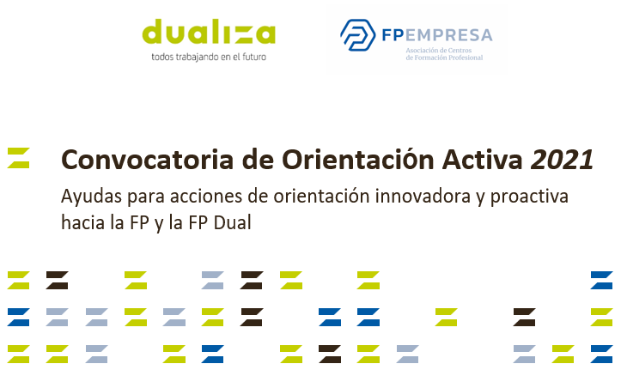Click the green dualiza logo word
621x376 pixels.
[209, 32]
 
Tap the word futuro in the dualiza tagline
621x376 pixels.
[254, 57]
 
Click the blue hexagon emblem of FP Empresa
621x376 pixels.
[357, 35]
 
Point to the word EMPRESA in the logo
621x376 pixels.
[448, 35]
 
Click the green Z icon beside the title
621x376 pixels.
[19, 158]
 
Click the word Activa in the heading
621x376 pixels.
[483, 160]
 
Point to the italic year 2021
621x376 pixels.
[562, 160]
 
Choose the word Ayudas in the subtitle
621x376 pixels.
[92, 197]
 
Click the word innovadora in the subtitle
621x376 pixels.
[423, 196]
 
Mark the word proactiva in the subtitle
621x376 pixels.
[529, 197]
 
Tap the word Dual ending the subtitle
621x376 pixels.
[233, 222]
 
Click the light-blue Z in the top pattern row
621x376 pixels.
[213, 280]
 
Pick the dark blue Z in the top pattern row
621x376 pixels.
[601, 280]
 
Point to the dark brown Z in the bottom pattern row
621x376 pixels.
[330, 355]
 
